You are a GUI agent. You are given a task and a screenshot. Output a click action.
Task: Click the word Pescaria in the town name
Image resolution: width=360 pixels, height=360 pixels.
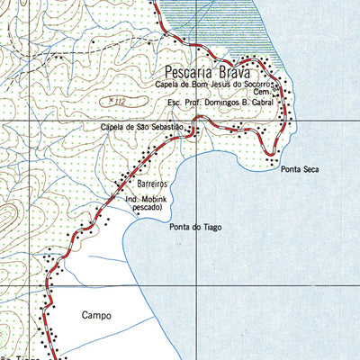click(193, 69)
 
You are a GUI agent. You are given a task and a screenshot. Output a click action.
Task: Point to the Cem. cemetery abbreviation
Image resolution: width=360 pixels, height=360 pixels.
click(261, 93)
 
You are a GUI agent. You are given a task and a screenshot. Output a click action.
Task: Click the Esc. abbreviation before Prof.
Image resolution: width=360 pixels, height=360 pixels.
click(175, 103)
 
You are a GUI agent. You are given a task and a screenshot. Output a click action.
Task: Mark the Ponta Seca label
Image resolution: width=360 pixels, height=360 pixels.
click(300, 168)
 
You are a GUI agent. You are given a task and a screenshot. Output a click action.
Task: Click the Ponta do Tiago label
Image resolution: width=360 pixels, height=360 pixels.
click(195, 227)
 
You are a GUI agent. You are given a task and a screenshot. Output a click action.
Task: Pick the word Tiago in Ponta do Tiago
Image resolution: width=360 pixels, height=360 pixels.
click(210, 227)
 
